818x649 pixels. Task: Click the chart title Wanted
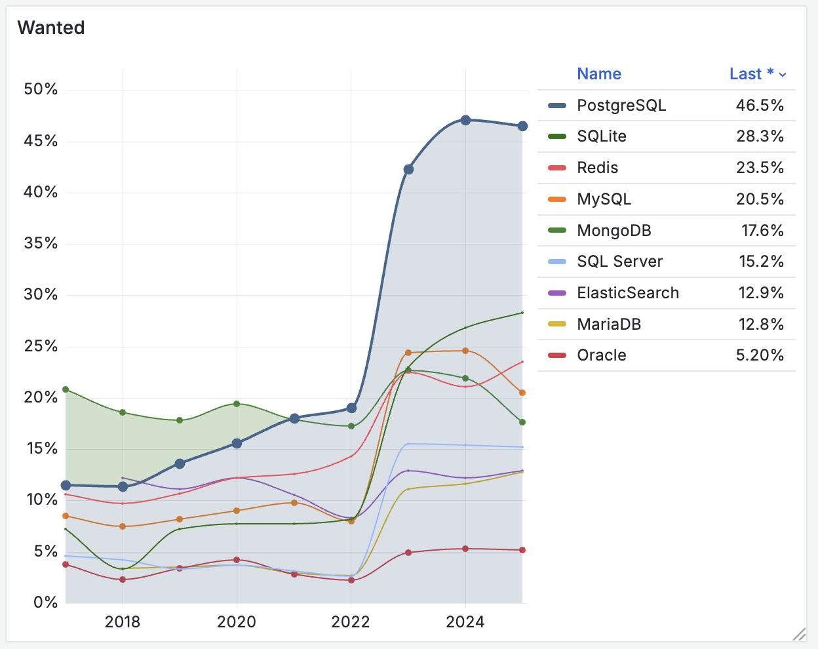tap(51, 28)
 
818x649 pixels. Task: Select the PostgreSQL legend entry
tap(621, 106)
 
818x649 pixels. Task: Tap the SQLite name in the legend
tap(601, 136)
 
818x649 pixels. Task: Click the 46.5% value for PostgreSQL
tap(760, 106)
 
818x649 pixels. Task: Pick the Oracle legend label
tap(601, 355)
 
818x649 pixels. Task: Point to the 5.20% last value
tap(760, 355)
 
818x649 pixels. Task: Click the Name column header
tap(598, 74)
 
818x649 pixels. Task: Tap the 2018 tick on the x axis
tap(123, 621)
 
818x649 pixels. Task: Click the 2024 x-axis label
tap(465, 621)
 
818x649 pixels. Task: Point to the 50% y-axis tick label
tap(41, 89)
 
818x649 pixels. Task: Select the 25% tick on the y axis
tap(41, 346)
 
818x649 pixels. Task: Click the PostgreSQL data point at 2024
tap(465, 120)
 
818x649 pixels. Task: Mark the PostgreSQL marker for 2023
tap(408, 169)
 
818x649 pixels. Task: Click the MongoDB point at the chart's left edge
tap(66, 389)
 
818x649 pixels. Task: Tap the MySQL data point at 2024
tap(465, 351)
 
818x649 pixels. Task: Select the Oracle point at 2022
tap(351, 580)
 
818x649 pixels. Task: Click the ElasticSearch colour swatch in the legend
tap(556, 293)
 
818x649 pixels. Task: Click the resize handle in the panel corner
tap(799, 634)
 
